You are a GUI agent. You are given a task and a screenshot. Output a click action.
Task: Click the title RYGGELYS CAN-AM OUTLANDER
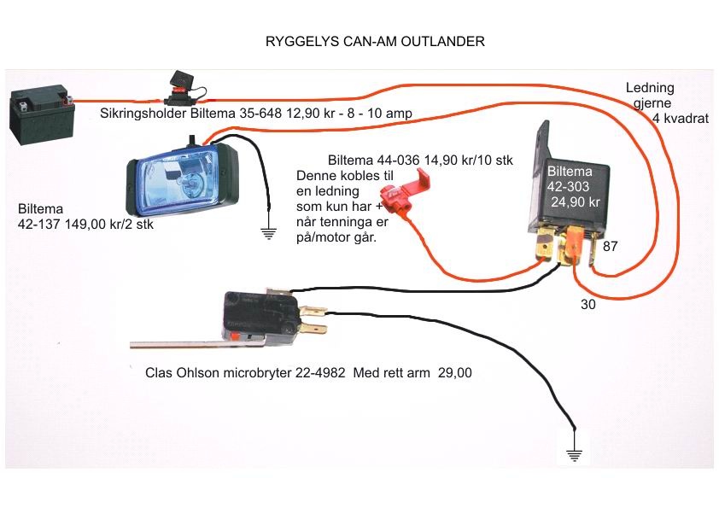pyautogui.click(x=375, y=41)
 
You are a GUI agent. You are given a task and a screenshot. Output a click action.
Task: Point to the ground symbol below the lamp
pyautogui.click(x=268, y=234)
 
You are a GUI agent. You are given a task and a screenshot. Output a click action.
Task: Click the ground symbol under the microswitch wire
pyautogui.click(x=574, y=455)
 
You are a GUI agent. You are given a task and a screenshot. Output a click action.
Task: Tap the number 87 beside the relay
pyautogui.click(x=610, y=247)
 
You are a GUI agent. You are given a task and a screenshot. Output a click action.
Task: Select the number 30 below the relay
pyautogui.click(x=587, y=305)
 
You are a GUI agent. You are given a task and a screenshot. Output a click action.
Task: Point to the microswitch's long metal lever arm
pyautogui.click(x=197, y=342)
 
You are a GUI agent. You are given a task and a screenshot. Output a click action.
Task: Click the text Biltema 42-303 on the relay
pyautogui.click(x=569, y=178)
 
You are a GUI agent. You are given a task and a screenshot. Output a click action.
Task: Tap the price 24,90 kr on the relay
pyautogui.click(x=575, y=201)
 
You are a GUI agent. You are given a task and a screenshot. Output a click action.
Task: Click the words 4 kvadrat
pyautogui.click(x=681, y=119)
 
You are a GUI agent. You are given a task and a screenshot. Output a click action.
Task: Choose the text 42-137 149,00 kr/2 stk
pyautogui.click(x=85, y=225)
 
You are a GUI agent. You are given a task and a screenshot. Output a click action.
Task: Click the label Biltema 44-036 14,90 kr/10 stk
pyautogui.click(x=420, y=160)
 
